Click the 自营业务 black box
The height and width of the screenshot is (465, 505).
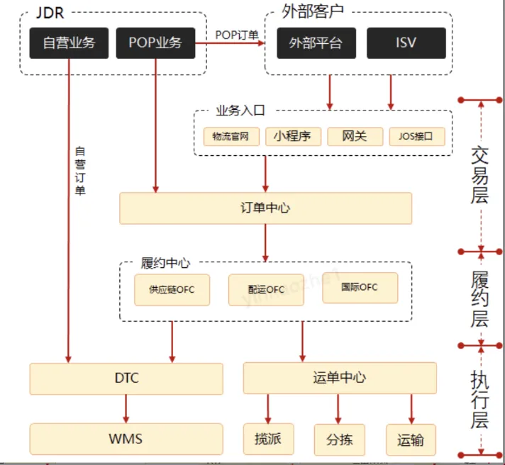pyautogui.click(x=69, y=43)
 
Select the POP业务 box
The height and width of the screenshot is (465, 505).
pyautogui.click(x=155, y=43)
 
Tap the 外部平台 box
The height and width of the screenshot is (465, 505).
pyautogui.click(x=316, y=43)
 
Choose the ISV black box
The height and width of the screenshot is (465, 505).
pyautogui.click(x=406, y=43)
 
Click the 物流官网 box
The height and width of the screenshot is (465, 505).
pyautogui.click(x=231, y=136)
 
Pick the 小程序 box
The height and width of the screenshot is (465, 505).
pyautogui.click(x=293, y=136)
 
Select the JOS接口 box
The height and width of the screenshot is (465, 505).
pyautogui.click(x=416, y=136)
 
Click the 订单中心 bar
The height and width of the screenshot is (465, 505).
pyautogui.click(x=265, y=208)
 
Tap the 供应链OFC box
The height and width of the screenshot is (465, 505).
pyautogui.click(x=172, y=289)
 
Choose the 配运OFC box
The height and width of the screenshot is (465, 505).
pyautogui.click(x=266, y=289)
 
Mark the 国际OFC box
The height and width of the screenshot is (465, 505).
pyautogui.click(x=360, y=287)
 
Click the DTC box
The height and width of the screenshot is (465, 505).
pyautogui.click(x=126, y=379)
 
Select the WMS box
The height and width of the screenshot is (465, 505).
pyautogui.click(x=126, y=439)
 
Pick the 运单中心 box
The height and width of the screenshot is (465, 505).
pyautogui.click(x=339, y=379)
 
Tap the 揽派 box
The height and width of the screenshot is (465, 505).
pyautogui.click(x=267, y=439)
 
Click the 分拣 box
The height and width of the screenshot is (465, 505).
pyautogui.click(x=339, y=439)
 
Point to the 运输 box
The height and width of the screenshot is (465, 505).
pyautogui.click(x=411, y=439)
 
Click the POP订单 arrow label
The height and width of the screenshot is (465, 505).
pyautogui.click(x=237, y=34)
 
